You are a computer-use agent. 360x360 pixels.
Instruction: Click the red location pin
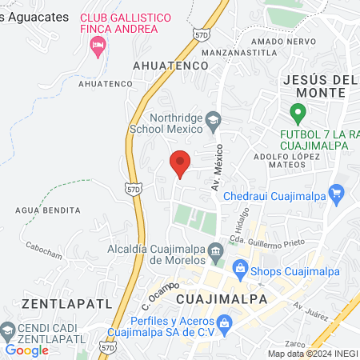tap(180, 163)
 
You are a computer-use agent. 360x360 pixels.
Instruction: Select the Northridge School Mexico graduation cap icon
tap(213, 122)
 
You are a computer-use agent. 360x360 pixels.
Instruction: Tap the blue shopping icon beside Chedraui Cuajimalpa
tap(336, 193)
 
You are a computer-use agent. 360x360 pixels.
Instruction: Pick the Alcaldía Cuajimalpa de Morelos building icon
tap(215, 254)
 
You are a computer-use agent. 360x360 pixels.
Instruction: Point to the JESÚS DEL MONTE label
tap(314, 86)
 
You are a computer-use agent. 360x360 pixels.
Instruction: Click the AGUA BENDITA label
tap(47, 210)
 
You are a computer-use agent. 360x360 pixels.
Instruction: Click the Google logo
tap(26, 350)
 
